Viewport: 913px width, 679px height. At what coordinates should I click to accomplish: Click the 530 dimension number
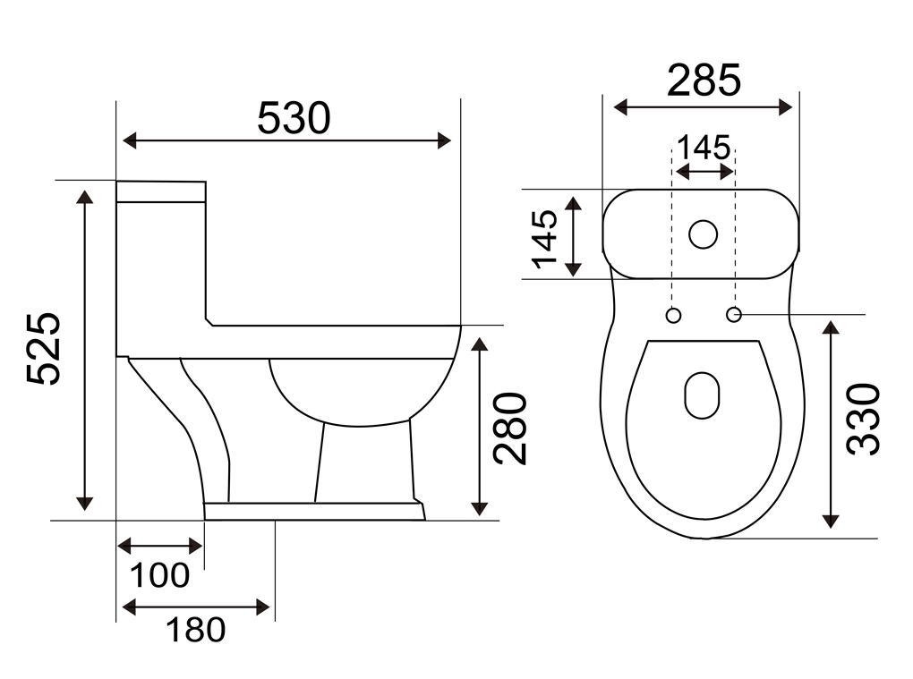(x=294, y=118)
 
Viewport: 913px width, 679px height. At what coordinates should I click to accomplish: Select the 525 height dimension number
(x=44, y=349)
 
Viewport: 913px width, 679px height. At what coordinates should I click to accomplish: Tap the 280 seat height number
(x=510, y=429)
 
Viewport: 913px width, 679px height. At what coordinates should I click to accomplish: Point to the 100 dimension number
(x=159, y=575)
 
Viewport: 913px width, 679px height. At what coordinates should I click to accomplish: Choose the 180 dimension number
(x=196, y=630)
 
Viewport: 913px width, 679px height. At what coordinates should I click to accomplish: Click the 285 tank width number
(x=704, y=80)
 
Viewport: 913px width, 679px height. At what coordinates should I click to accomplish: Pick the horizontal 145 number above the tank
(x=704, y=148)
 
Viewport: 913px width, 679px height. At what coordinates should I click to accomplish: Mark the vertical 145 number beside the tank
(x=546, y=239)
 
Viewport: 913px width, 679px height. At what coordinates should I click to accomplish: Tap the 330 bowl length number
(x=864, y=419)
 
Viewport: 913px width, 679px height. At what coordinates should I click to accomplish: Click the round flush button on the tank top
(x=703, y=234)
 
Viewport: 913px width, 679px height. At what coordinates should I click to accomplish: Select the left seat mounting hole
(x=673, y=316)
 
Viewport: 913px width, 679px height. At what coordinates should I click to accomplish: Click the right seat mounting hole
(x=734, y=315)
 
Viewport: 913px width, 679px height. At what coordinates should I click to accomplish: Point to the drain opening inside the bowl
(x=703, y=395)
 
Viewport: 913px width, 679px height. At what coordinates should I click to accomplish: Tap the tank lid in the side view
(x=161, y=191)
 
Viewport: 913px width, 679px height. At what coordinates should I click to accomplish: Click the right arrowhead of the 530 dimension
(x=444, y=140)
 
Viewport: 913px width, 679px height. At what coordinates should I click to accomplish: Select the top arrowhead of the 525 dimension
(x=85, y=197)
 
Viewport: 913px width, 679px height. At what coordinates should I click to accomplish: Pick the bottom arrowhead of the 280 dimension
(x=479, y=508)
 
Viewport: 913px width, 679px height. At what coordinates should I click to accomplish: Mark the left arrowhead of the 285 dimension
(x=621, y=107)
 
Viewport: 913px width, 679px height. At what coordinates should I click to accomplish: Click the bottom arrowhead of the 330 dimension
(x=831, y=521)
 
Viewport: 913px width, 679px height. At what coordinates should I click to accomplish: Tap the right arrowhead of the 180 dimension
(x=263, y=607)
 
